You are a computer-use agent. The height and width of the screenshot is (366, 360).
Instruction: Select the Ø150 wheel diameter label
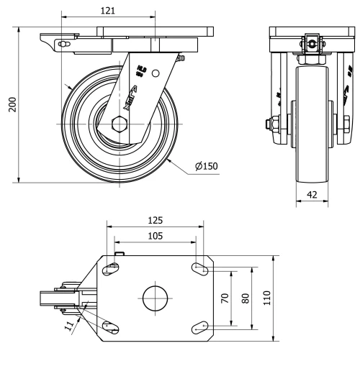coord(206,168)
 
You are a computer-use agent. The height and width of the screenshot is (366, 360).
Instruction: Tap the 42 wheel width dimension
coord(311,193)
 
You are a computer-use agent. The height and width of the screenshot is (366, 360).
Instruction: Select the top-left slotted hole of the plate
coord(111,269)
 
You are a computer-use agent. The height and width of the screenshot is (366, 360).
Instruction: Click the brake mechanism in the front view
coord(311,44)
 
